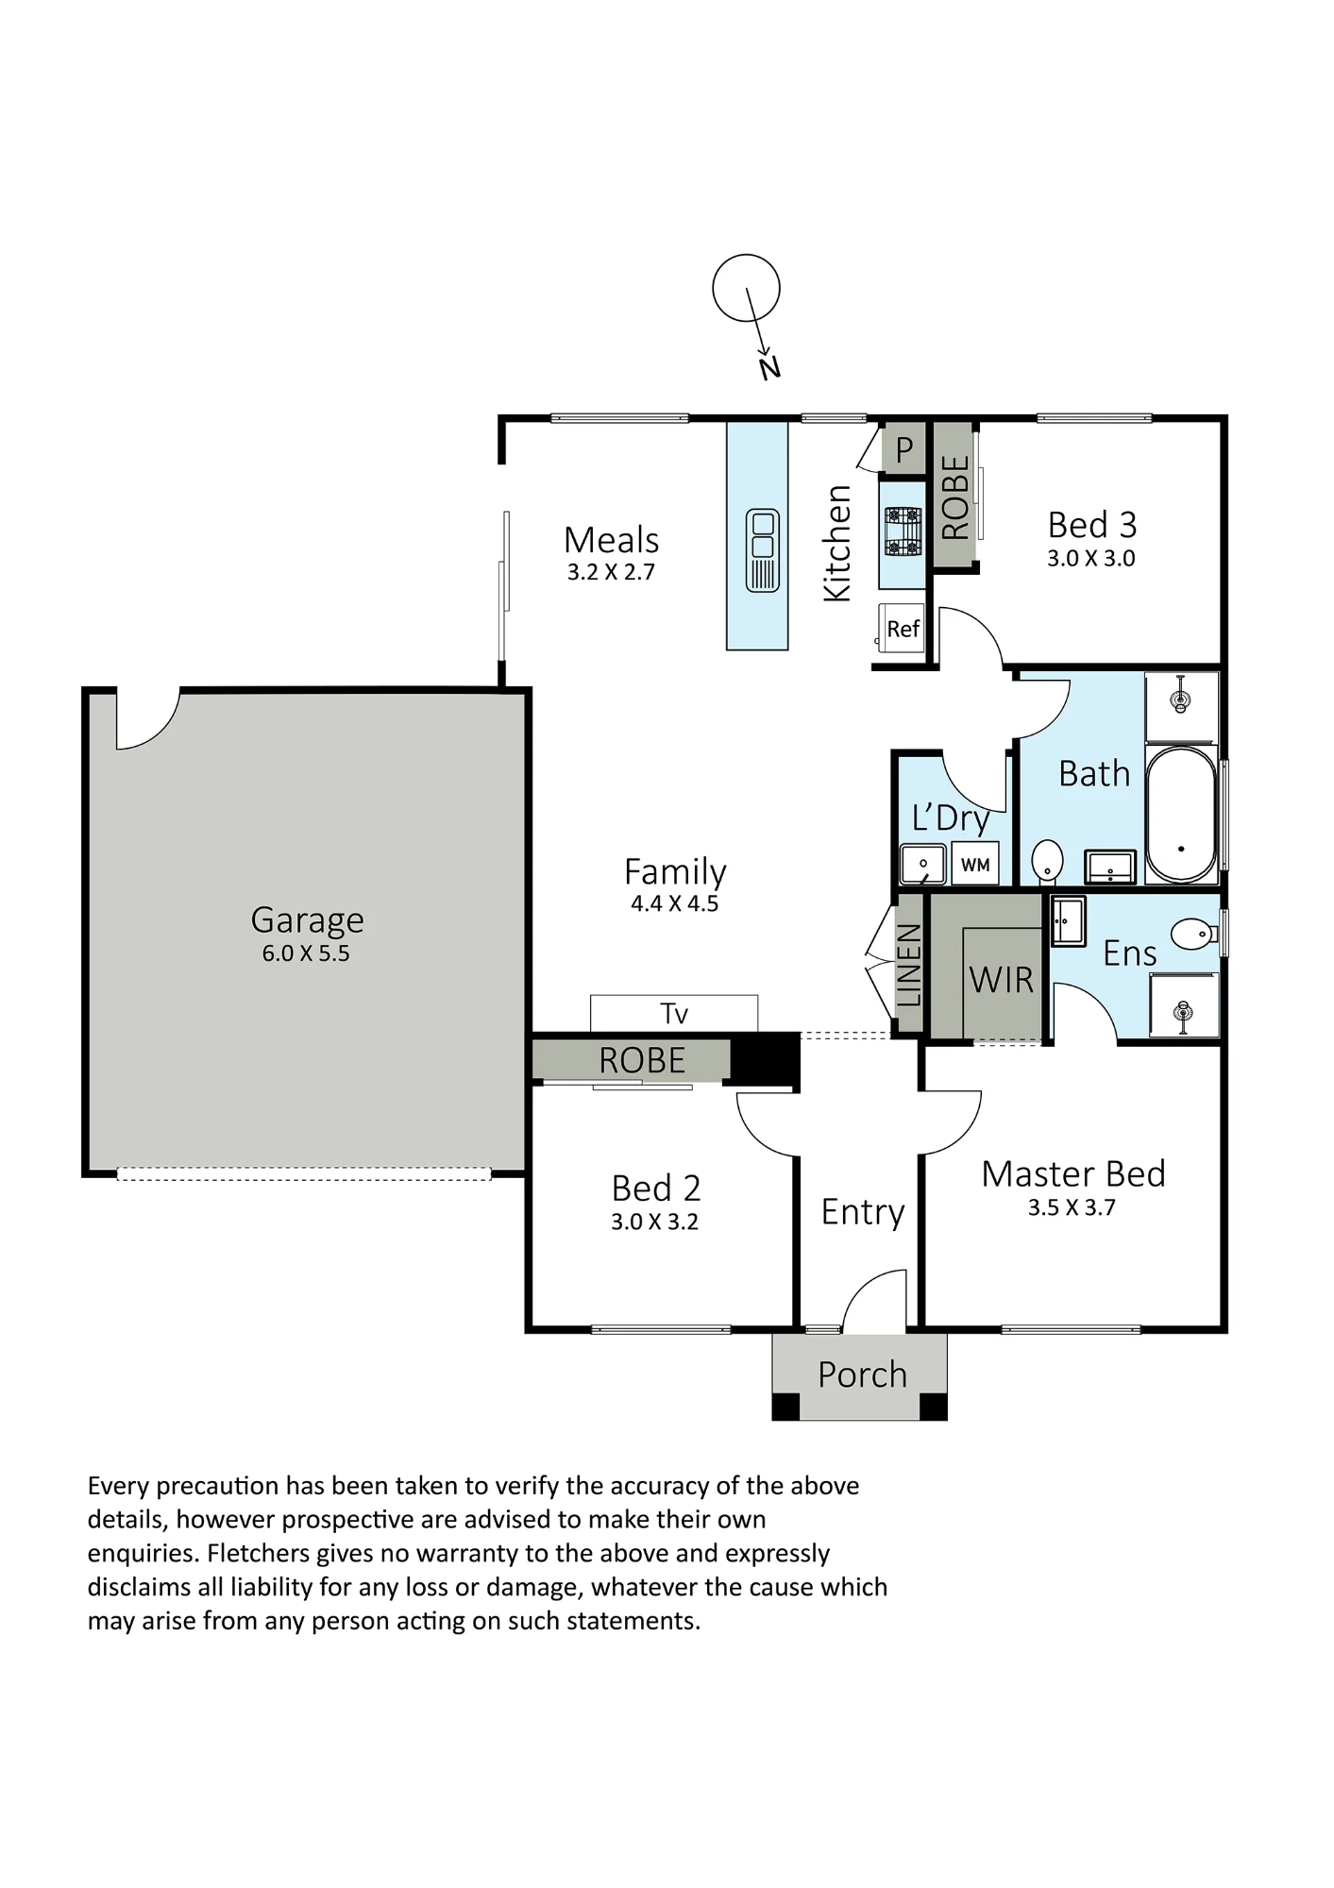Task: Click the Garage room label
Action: (x=307, y=920)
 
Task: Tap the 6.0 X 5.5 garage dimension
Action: (x=306, y=953)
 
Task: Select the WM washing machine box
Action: (x=975, y=864)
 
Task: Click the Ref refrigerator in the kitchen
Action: (x=903, y=629)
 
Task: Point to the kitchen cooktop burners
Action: (x=903, y=531)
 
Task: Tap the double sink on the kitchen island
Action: (x=763, y=550)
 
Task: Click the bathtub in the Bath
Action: (x=1181, y=815)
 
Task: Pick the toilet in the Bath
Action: (x=1047, y=861)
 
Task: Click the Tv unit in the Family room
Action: (x=674, y=1013)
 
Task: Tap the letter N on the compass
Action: (x=770, y=367)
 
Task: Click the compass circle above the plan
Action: (x=746, y=288)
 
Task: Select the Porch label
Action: (x=862, y=1374)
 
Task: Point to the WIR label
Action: (x=1001, y=980)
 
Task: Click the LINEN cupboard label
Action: (x=908, y=966)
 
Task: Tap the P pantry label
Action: (x=904, y=450)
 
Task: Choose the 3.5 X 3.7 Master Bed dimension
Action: (x=1072, y=1207)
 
